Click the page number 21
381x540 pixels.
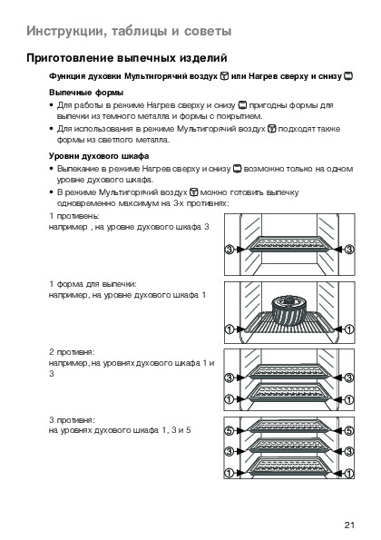349,525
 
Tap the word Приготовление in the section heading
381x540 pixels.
70,58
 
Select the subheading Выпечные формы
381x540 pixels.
86,93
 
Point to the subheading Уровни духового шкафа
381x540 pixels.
99,156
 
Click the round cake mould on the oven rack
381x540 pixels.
289,310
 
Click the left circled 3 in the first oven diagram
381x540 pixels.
230,249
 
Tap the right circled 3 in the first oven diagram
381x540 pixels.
349,249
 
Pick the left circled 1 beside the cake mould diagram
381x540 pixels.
230,329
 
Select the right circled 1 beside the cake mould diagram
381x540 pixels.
349,329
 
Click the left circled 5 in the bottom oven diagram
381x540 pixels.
230,430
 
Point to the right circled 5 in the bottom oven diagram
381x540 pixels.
349,430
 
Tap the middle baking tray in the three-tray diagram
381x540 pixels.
289,446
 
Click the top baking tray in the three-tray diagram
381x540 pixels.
289,426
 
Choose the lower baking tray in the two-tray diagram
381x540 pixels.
289,393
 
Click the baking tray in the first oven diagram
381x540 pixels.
289,244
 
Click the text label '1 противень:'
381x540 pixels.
74,216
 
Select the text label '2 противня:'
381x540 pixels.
72,352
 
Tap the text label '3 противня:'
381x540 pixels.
72,420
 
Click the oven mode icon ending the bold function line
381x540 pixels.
348,76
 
